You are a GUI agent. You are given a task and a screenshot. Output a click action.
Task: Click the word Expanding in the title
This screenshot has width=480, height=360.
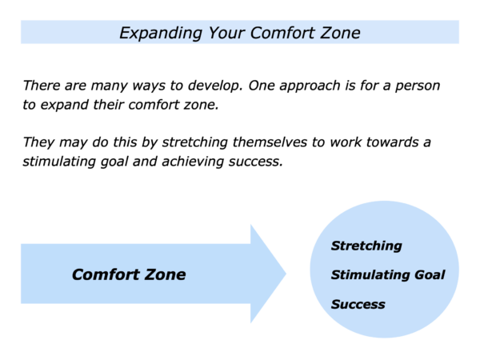(x=161, y=33)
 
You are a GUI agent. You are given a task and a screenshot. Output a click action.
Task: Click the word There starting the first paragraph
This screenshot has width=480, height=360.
(x=42, y=86)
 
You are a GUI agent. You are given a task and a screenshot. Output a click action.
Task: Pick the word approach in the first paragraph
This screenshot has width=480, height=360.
(x=310, y=86)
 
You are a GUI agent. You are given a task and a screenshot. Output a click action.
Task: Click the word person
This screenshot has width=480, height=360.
(x=418, y=86)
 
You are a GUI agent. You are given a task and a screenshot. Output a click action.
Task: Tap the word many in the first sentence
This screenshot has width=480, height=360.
(x=110, y=86)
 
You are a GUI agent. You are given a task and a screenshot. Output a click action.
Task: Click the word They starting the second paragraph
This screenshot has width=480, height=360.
(x=38, y=142)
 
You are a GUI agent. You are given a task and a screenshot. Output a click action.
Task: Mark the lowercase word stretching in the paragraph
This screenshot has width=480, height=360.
(x=194, y=143)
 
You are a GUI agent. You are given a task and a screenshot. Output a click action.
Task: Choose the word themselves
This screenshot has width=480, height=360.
(x=270, y=142)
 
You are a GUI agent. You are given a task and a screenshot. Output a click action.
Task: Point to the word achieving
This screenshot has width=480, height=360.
(x=193, y=162)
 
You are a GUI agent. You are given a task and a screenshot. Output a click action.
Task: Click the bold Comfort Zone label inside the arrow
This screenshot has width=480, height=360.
(x=129, y=274)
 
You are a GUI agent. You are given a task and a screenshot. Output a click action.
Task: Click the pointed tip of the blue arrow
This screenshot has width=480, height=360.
(x=286, y=274)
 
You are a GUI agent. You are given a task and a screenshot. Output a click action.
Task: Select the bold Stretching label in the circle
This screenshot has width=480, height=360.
(x=366, y=246)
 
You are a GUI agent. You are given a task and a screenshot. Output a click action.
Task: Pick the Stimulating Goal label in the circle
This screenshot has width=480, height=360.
(x=388, y=275)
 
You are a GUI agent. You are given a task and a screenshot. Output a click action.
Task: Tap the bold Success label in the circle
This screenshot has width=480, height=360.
(x=358, y=304)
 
